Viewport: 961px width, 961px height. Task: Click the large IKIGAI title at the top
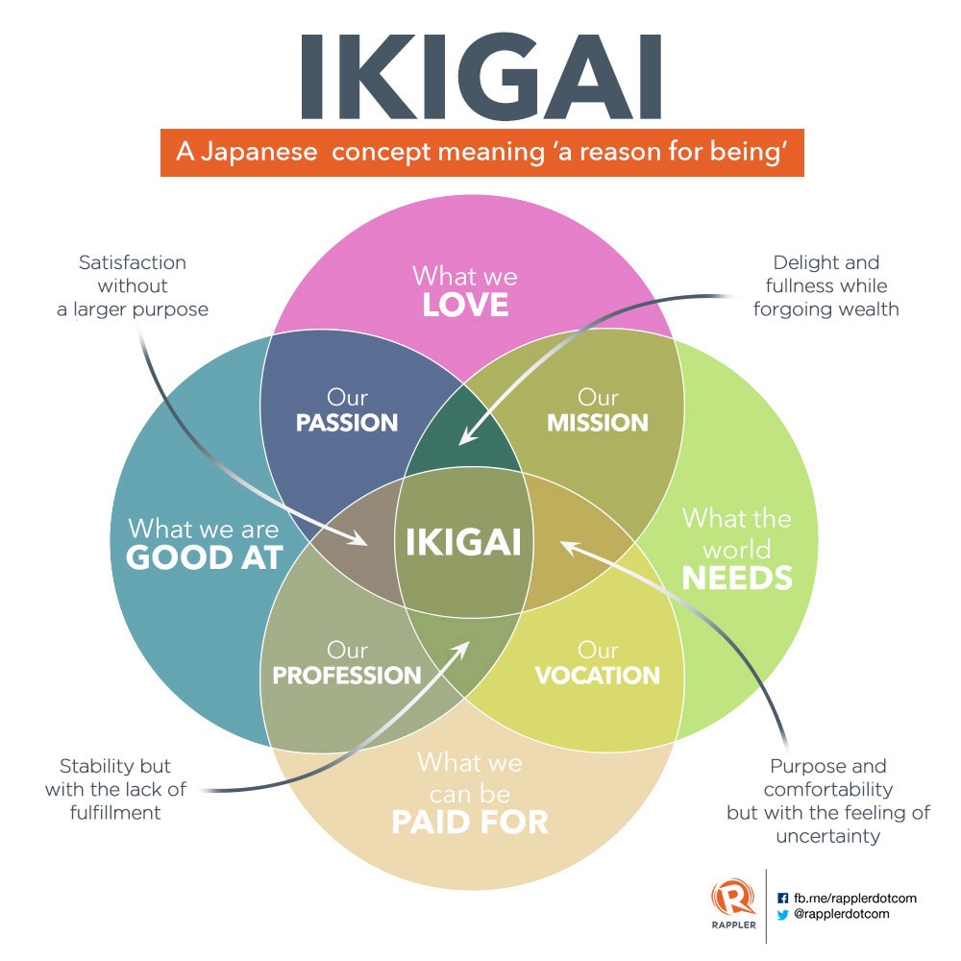[480, 78]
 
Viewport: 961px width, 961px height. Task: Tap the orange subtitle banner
[481, 153]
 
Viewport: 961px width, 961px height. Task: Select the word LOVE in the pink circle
[465, 305]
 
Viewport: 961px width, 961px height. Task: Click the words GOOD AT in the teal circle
[205, 556]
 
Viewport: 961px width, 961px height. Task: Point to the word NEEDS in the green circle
[737, 578]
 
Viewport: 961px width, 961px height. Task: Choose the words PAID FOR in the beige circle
[470, 823]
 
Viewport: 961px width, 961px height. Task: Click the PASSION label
[347, 423]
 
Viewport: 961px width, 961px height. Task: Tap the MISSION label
[598, 423]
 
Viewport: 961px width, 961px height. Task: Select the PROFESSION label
[347, 676]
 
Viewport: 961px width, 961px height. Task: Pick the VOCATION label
[598, 676]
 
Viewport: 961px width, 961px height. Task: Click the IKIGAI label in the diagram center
[463, 543]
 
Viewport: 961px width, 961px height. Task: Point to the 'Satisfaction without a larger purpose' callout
[133, 285]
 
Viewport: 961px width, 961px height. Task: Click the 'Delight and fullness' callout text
[826, 285]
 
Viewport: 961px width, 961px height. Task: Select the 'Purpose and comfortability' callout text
[828, 801]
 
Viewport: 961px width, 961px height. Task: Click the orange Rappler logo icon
[733, 900]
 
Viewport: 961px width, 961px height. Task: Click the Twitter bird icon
[782, 915]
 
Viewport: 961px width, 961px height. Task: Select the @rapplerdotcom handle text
[842, 915]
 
